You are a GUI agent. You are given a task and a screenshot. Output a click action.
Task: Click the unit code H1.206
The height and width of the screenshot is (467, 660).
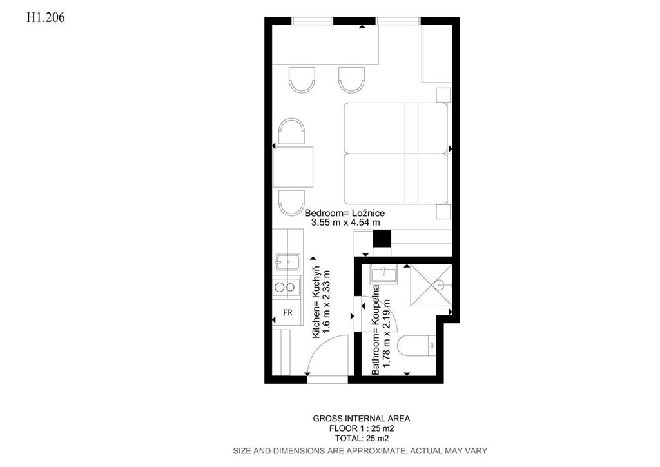tap(46, 17)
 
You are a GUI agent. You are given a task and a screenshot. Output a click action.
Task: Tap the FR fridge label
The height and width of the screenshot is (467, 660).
tap(288, 313)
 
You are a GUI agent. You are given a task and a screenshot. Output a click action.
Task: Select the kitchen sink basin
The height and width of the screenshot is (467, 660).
tap(288, 262)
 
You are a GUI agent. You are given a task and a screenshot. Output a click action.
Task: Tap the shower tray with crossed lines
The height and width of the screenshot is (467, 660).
tap(431, 285)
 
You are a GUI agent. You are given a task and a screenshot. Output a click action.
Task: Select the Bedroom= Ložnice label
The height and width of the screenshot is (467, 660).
tap(345, 213)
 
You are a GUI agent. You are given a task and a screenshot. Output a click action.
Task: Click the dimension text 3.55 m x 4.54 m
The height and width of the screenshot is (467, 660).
tap(345, 223)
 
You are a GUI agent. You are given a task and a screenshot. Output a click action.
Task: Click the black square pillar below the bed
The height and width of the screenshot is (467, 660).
tap(382, 239)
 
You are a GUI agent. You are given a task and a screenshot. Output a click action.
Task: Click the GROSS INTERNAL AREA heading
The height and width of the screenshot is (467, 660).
tap(361, 419)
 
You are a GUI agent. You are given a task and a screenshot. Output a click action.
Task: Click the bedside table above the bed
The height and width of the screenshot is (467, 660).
tap(443, 95)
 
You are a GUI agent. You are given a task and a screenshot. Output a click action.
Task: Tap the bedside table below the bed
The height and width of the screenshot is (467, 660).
tap(443, 212)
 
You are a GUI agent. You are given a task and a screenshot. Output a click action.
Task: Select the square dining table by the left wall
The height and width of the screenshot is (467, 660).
tap(293, 167)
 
